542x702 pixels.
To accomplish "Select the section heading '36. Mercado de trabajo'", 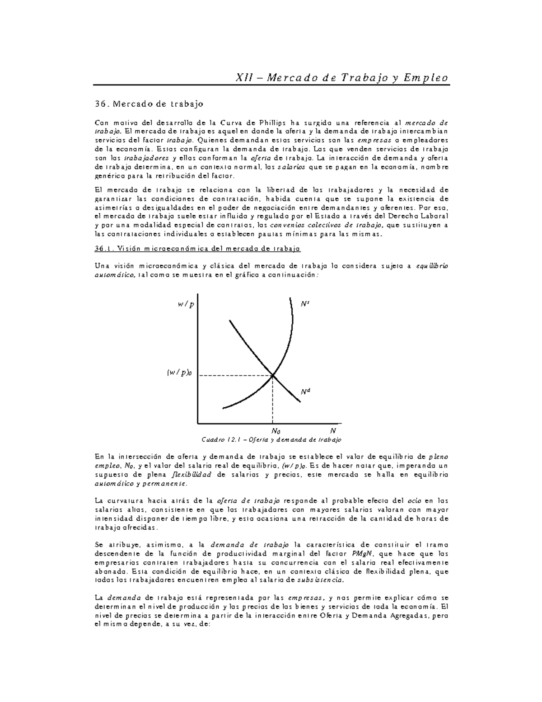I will tap(149, 104).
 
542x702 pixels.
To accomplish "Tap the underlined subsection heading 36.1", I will tap(197, 249).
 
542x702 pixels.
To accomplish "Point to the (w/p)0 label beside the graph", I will tap(179, 372).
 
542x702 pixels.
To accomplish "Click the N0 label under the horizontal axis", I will tap(275, 431).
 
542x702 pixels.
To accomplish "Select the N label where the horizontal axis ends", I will tap(333, 430).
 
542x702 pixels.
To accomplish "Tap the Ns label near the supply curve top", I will tap(305, 304).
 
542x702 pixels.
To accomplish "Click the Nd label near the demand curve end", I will tap(306, 391).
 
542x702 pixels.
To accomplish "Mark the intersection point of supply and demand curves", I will tap(273, 375).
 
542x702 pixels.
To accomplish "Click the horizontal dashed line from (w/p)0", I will tap(235, 375).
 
